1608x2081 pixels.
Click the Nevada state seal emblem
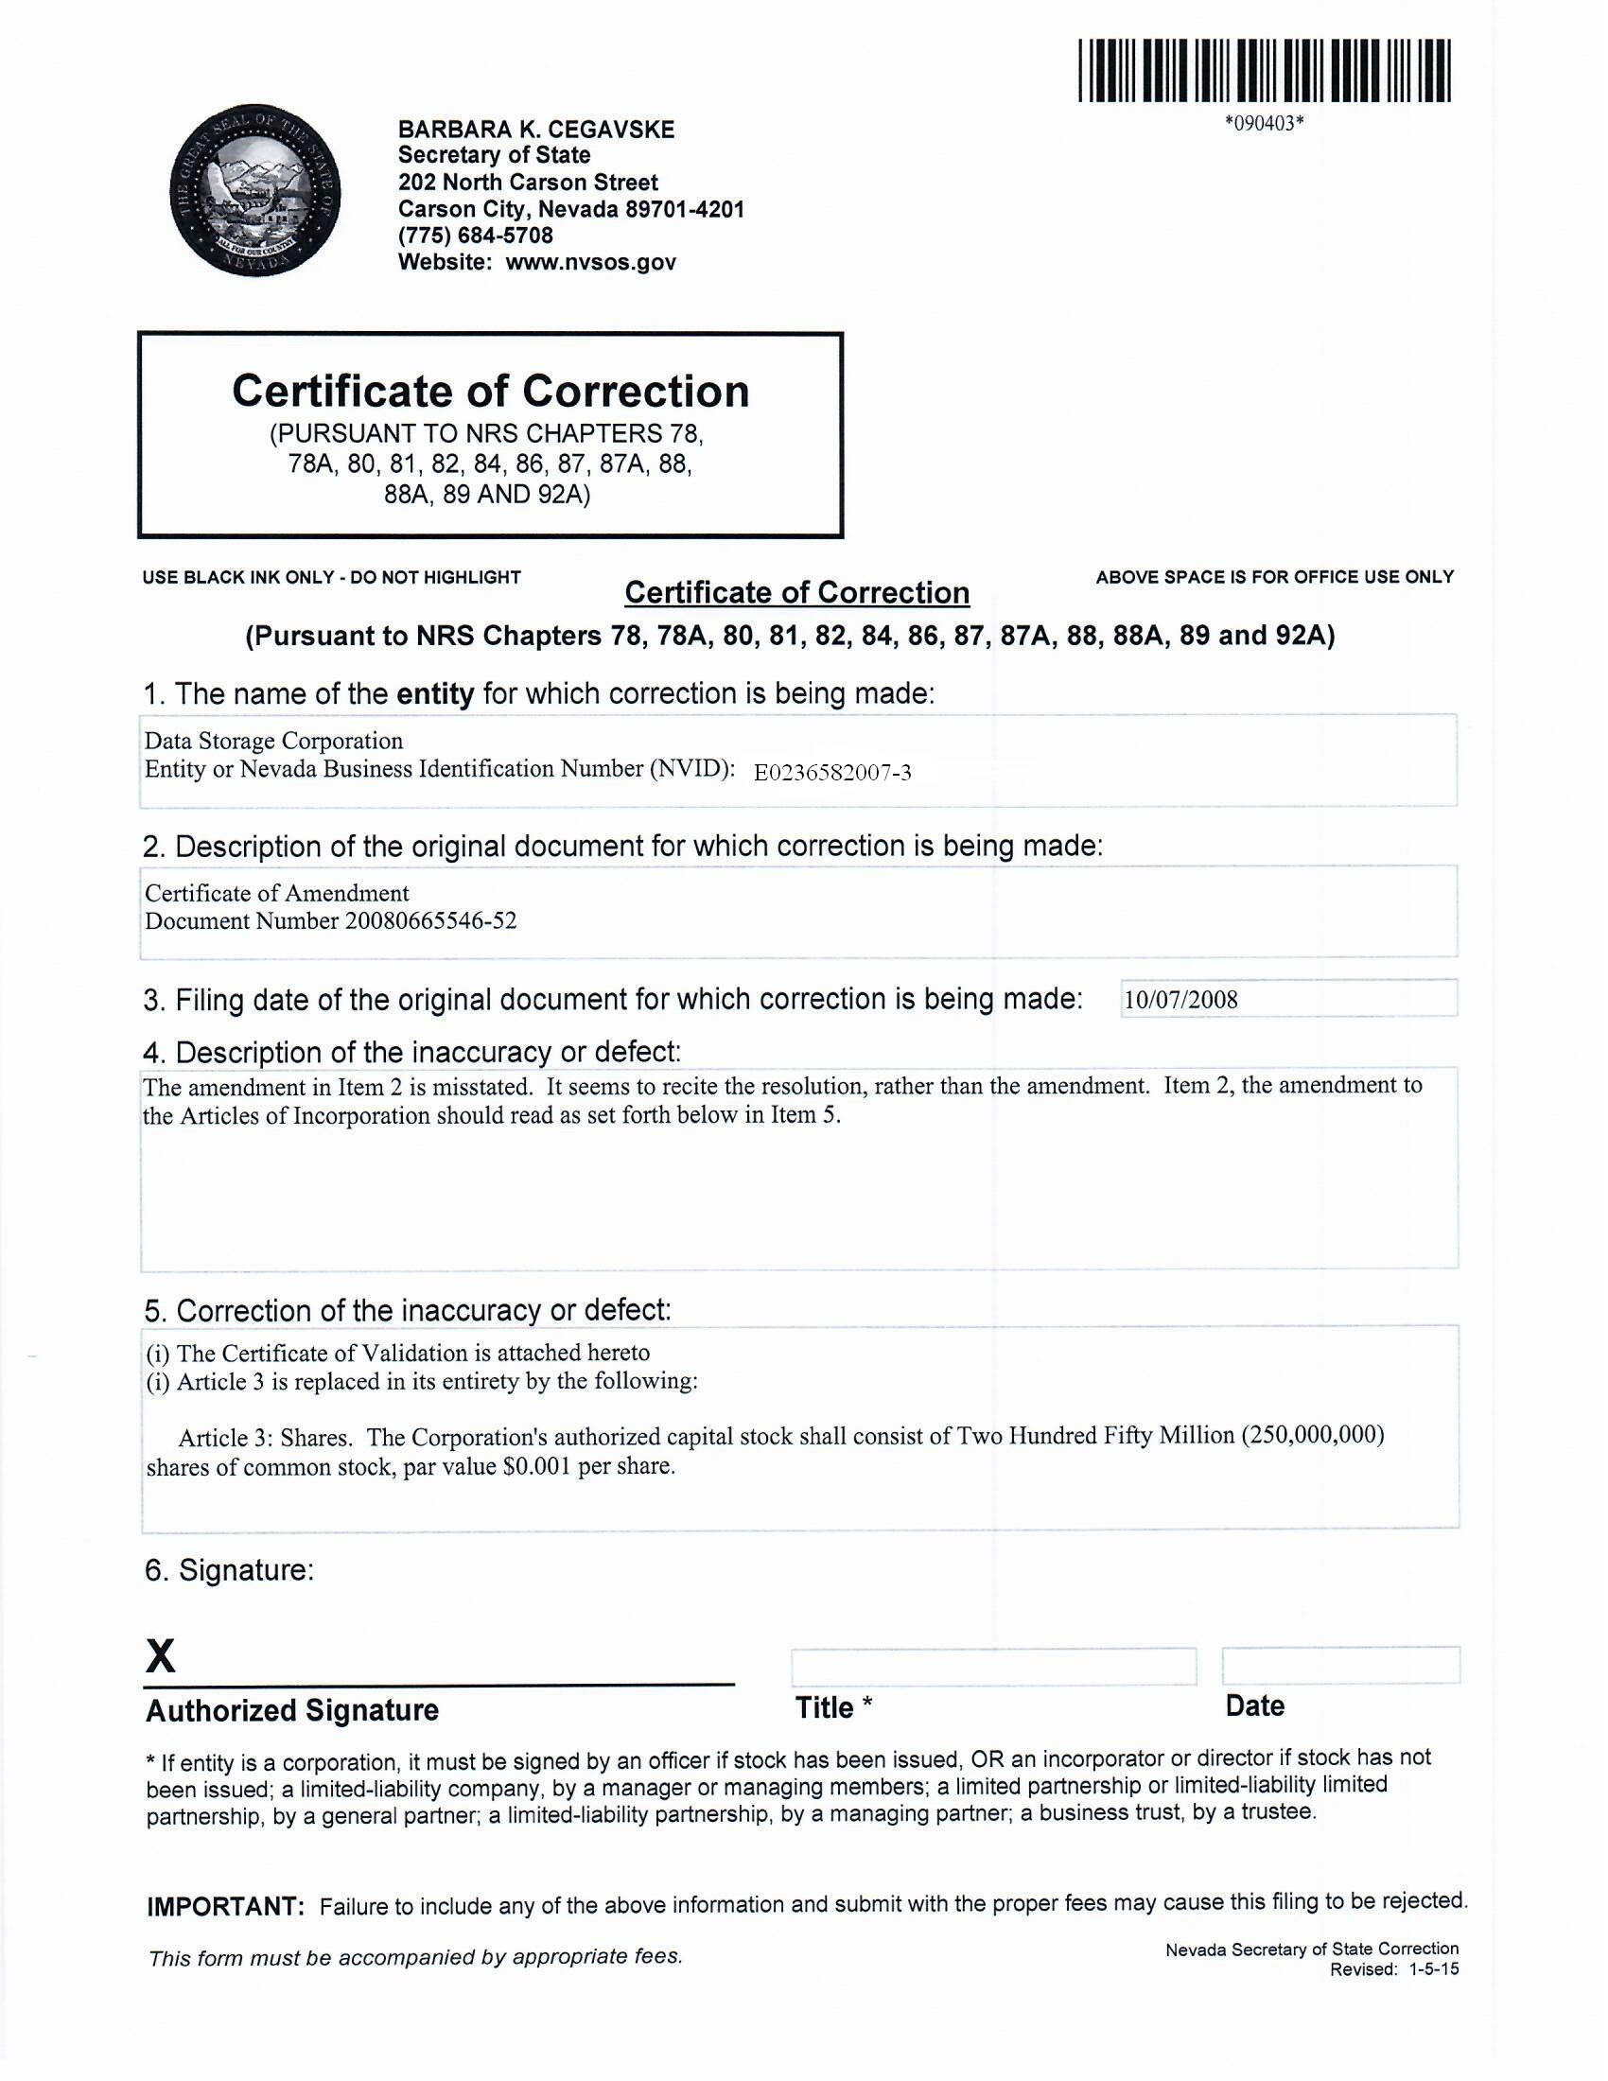coord(254,190)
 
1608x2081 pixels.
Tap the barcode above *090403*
coord(1264,71)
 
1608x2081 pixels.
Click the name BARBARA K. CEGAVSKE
coord(535,130)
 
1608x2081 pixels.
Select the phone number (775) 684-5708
coord(476,236)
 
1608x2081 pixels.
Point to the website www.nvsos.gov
coord(589,262)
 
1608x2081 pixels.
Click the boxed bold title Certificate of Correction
coord(491,392)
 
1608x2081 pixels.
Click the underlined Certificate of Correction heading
coord(796,593)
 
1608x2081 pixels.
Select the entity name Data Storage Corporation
coord(273,741)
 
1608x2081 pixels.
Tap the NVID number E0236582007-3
coord(831,772)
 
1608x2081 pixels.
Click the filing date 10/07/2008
coord(1180,1000)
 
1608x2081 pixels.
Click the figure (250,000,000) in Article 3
coord(1312,1435)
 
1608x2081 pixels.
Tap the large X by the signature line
coord(161,1657)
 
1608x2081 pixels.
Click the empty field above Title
coord(992,1667)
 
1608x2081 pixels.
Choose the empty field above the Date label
coord(1339,1666)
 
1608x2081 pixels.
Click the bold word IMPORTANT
coord(226,1907)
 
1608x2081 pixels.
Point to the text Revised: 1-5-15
coord(1393,1969)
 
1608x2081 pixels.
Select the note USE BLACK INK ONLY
coord(238,577)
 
